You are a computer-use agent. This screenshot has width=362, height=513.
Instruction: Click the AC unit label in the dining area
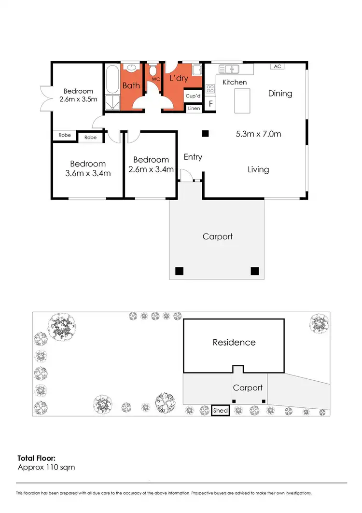pos(277,67)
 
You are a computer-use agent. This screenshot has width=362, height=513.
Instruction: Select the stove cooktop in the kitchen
pos(210,89)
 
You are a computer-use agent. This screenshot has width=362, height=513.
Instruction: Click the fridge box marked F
pos(210,103)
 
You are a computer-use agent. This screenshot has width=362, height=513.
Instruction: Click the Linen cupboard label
pos(194,109)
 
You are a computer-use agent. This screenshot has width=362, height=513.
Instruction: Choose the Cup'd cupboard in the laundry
pos(193,96)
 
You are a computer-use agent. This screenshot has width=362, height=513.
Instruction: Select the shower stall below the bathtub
pos(111,102)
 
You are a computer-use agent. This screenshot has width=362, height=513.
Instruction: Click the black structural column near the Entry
pos(205,134)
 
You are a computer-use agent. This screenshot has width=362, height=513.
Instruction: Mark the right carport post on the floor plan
pos(254,270)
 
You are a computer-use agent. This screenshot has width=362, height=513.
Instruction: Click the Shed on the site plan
pos(221,411)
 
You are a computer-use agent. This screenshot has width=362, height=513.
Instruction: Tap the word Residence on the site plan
pos(234,343)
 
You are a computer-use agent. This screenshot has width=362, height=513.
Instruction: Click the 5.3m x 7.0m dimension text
pos(258,134)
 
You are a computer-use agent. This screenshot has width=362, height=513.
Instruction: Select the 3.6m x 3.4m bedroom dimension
pos(88,173)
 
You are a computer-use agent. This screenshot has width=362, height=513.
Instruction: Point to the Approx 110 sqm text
pos(46,467)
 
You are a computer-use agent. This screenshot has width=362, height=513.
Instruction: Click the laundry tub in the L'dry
pos(196,69)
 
